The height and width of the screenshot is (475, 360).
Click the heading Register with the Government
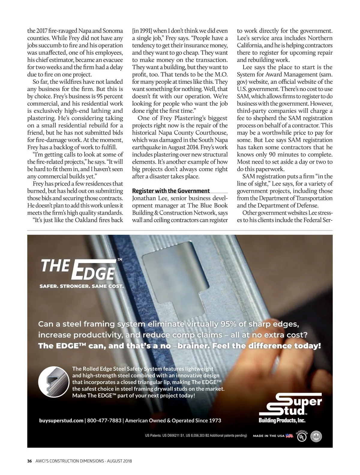[171, 191]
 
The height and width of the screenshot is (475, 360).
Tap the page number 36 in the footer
[29, 461]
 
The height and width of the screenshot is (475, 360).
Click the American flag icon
[289, 436]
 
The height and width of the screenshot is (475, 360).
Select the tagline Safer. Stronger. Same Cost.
[81, 286]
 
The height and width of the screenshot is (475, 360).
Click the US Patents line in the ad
[196, 435]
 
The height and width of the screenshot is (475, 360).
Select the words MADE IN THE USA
[268, 436]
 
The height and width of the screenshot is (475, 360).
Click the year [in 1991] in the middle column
[142, 31]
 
